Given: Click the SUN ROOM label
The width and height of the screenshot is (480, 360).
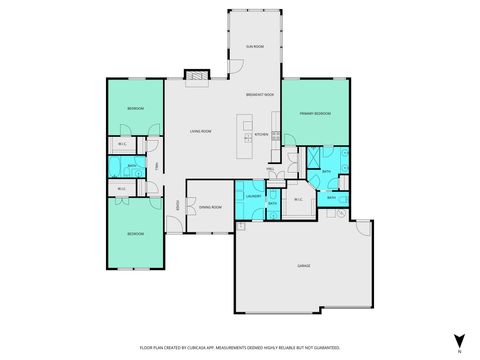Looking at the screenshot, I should [255, 47].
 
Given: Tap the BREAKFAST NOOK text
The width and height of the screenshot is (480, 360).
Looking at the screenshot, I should [259, 95].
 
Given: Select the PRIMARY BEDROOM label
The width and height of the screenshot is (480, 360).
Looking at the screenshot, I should [315, 114].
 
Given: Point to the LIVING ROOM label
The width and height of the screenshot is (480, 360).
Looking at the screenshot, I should [201, 131].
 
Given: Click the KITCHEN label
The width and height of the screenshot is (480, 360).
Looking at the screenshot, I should [260, 133].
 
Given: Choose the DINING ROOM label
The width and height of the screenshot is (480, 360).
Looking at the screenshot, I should [210, 207].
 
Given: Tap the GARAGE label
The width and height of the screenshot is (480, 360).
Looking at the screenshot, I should [303, 265].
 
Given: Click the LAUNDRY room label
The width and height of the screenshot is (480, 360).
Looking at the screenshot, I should [253, 196].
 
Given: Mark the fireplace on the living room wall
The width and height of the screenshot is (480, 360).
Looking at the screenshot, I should [196, 75].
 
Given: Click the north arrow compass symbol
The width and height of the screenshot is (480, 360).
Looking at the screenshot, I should [458, 341].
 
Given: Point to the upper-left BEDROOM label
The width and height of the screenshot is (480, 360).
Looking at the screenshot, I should [135, 108].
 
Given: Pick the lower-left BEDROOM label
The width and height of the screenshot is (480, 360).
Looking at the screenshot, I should [135, 233].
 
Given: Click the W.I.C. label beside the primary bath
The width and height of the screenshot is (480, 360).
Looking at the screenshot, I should [298, 199].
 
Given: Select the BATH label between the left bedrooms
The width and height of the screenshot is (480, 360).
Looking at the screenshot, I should [118, 166].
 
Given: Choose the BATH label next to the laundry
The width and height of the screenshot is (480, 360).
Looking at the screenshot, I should [273, 203].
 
